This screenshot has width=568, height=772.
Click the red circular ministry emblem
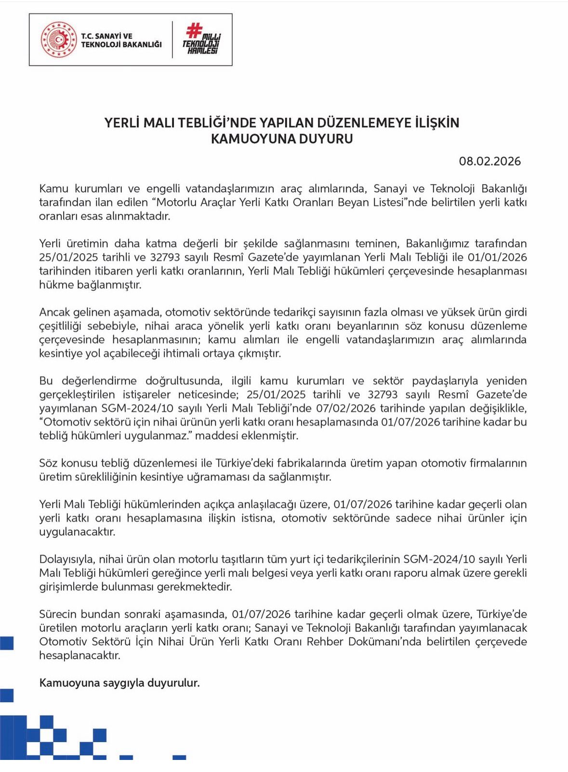pyautogui.click(x=59, y=40)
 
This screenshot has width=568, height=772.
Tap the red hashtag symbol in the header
pyautogui.click(x=194, y=30)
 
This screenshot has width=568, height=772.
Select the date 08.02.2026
pyautogui.click(x=489, y=161)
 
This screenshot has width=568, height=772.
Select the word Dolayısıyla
pyautogui.click(x=68, y=559)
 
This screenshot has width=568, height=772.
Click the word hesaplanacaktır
pyautogui.click(x=79, y=656)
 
